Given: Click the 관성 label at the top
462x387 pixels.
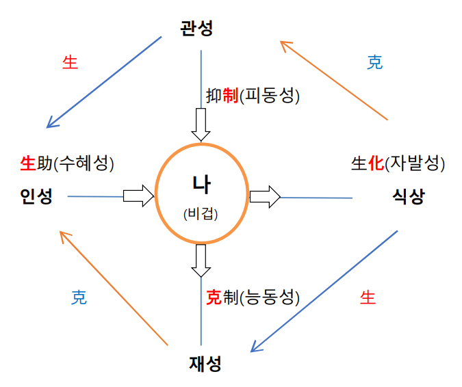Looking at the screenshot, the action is pos(198,29).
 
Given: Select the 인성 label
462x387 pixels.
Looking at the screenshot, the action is pos(36,197).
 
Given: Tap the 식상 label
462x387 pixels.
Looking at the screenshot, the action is pos(409,197).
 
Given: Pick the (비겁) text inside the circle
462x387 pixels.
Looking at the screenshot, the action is pos(201,213).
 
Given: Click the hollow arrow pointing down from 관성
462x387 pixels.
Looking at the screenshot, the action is pos(201,123).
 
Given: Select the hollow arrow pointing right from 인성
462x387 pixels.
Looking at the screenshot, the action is pos(139,196).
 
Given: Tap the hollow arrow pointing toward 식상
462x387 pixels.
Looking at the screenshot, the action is pos(265,197).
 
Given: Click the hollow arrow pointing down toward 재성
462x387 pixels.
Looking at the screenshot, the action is pos(201,261).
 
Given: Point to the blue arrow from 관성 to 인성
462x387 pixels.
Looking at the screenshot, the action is pos(103,82).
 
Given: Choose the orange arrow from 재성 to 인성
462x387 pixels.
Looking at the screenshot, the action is pos(114,287).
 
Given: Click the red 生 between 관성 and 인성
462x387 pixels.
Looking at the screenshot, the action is pos(70,63).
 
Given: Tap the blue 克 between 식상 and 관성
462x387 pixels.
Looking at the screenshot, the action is pos(374,63).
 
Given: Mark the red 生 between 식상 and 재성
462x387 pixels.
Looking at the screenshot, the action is pos(368,297).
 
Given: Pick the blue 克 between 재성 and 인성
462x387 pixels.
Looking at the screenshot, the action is pos(79,298).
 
